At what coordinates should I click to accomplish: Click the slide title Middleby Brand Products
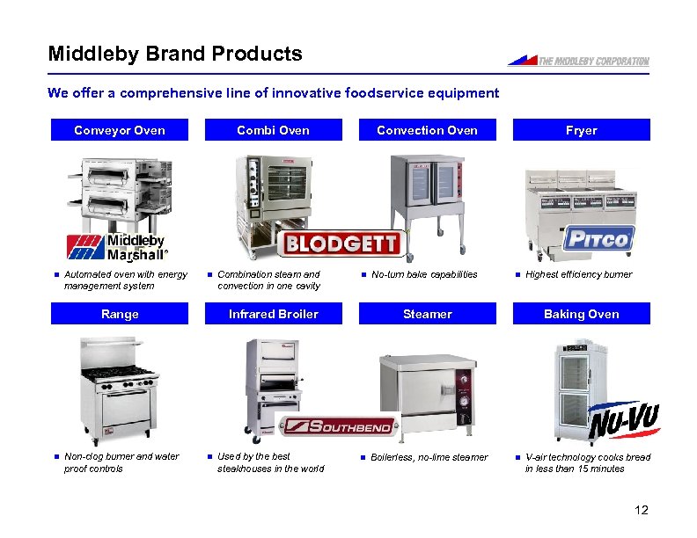175,55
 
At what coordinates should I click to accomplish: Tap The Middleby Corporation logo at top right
578,61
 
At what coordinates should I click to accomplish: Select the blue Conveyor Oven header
120,130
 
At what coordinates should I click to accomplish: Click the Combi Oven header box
274,130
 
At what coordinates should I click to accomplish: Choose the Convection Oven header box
427,130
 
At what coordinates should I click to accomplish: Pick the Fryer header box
581,130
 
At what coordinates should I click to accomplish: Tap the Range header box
120,314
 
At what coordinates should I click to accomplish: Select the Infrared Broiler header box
274,314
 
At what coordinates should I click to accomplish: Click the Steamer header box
427,314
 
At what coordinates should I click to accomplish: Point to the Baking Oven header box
581,314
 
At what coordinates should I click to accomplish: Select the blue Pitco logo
598,238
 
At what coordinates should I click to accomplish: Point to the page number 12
640,511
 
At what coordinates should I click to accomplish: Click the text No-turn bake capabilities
424,275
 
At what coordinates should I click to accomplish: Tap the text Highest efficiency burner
578,275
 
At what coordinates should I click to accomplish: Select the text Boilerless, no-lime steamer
429,457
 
